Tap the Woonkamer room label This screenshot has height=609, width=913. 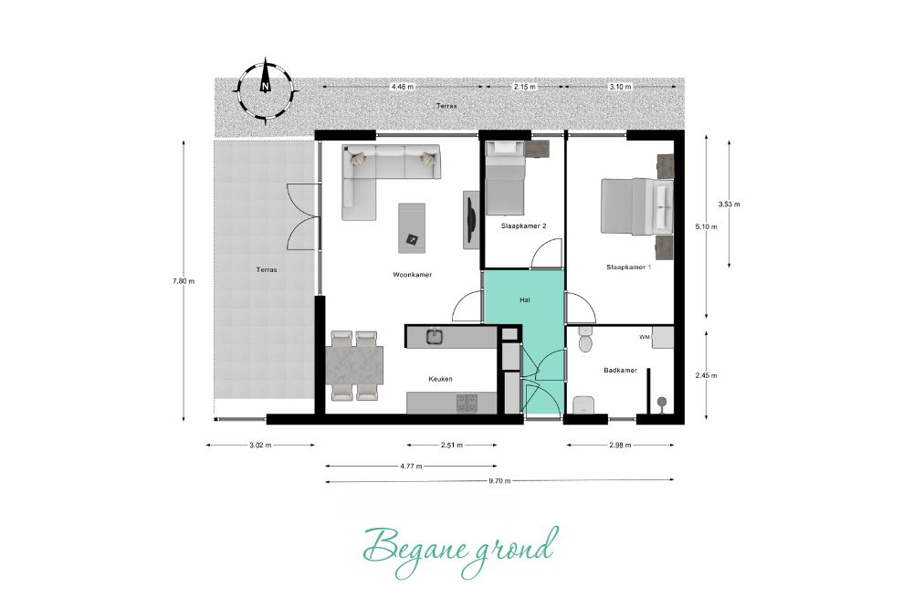413,274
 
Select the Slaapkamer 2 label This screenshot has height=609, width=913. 523,226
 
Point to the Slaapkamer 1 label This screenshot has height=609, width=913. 628,268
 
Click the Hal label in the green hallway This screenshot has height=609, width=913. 525,299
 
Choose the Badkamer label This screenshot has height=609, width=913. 620,370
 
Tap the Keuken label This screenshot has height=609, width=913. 440,379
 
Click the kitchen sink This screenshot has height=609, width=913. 435,337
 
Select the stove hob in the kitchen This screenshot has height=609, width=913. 467,403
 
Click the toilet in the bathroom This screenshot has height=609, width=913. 584,339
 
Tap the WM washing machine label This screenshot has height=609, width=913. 644,337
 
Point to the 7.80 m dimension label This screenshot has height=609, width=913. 184,281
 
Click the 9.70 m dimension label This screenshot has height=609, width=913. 499,481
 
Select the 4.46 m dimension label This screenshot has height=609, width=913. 403,87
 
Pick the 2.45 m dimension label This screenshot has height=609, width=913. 706,375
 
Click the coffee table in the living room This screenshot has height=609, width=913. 412,227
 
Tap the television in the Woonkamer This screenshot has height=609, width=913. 471,220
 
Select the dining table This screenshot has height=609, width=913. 356,365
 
